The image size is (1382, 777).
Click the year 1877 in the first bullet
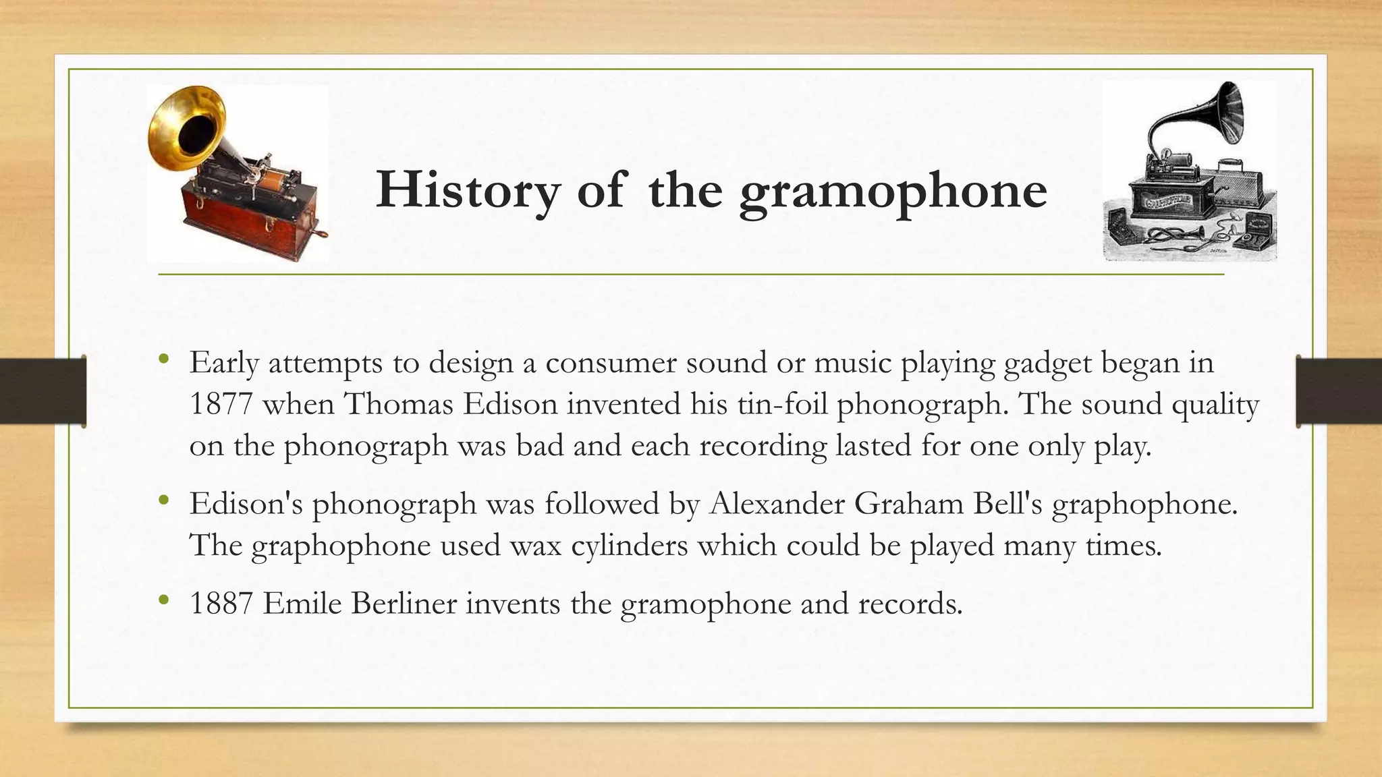pyautogui.click(x=221, y=405)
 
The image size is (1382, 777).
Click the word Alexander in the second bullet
pyautogui.click(x=776, y=504)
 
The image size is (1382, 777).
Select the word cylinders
pyautogui.click(x=629, y=545)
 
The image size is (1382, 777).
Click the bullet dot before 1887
pyautogui.click(x=163, y=600)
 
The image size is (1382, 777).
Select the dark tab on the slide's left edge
pyautogui.click(x=43, y=391)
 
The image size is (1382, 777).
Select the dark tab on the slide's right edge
pyautogui.click(x=1339, y=391)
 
